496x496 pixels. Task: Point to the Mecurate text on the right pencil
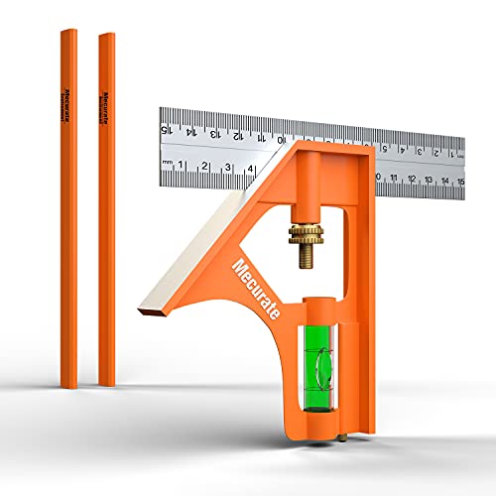point(105,107)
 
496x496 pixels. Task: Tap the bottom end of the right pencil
point(106,383)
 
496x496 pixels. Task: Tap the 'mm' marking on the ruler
point(169,162)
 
